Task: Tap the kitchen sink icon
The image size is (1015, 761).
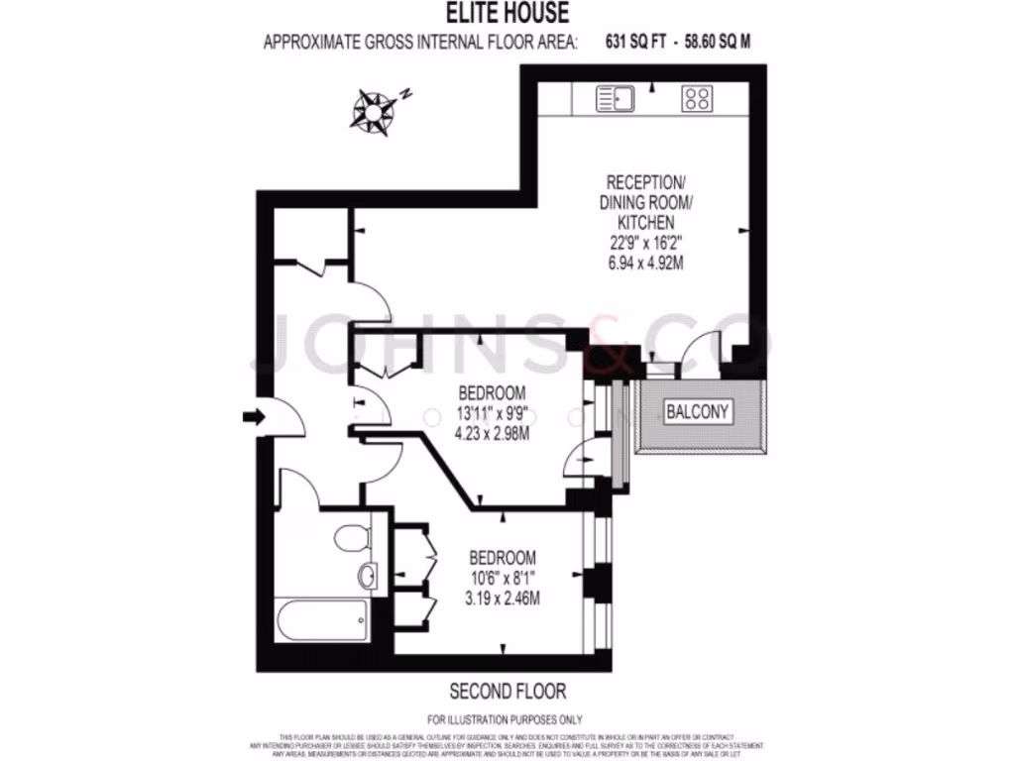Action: tap(612, 98)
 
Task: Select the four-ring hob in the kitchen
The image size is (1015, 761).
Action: tap(697, 98)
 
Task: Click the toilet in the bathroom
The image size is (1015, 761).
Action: tap(350, 538)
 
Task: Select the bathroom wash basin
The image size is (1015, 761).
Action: tap(367, 575)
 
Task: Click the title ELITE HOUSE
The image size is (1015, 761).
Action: tap(507, 14)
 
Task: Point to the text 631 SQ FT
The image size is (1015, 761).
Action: tap(634, 42)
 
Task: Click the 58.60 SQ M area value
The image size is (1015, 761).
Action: tap(725, 42)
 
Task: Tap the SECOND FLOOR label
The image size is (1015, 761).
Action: tap(507, 691)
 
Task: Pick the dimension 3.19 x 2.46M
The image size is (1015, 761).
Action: tap(504, 598)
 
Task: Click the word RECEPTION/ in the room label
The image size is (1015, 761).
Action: tap(644, 182)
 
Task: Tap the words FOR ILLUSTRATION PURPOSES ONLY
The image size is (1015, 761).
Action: tap(506, 719)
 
